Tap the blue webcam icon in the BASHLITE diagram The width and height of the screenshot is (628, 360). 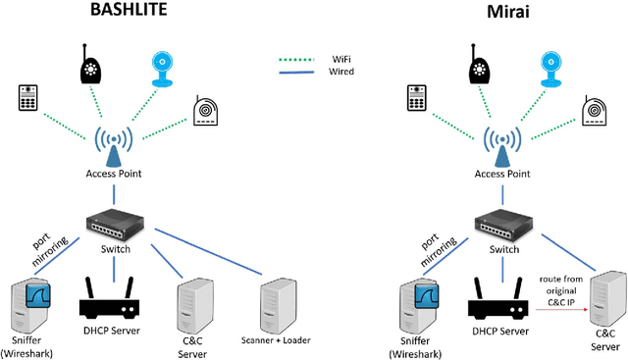tap(165, 67)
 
